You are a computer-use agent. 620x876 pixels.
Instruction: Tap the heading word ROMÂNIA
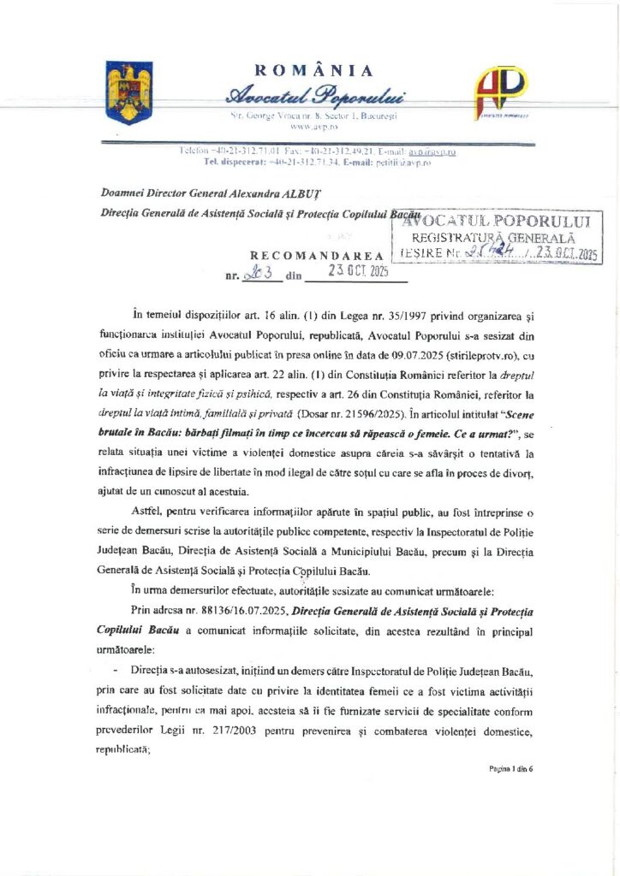tap(314, 71)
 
